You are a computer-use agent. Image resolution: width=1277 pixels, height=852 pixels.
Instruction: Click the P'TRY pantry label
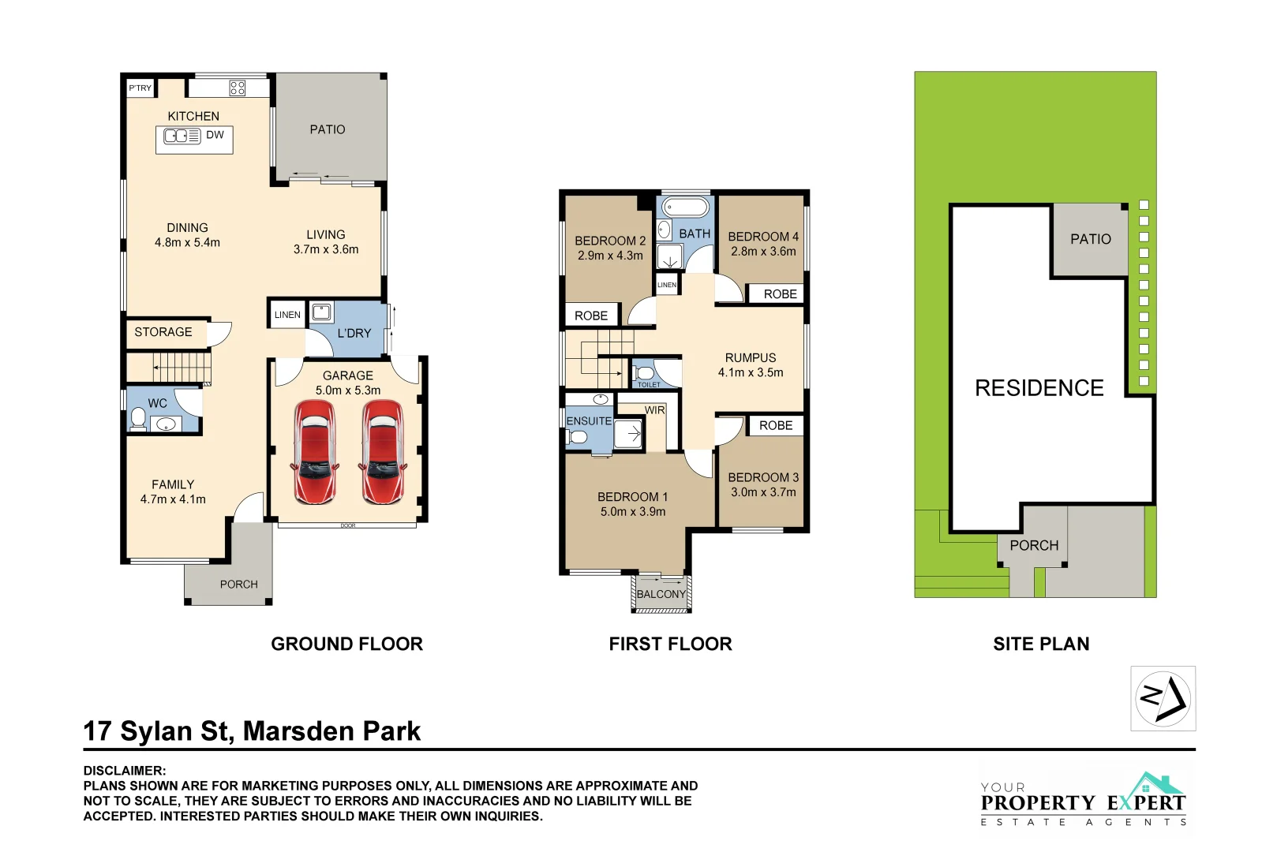click(x=140, y=88)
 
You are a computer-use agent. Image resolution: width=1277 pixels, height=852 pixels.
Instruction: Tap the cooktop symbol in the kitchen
click(x=237, y=88)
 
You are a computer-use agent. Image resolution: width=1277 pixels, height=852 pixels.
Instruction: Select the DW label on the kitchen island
click(x=215, y=135)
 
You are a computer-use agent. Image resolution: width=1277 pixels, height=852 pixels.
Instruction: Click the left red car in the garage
click(x=315, y=452)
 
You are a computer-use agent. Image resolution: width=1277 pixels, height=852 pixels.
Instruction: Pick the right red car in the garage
click(x=383, y=452)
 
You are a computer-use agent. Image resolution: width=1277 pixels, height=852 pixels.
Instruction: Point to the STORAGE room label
click(x=163, y=331)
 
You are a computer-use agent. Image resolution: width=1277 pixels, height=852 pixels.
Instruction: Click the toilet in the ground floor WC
click(x=138, y=418)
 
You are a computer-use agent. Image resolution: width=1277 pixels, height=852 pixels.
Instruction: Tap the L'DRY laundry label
click(x=354, y=334)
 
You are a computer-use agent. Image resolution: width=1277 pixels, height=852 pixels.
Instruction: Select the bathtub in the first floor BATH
click(x=685, y=207)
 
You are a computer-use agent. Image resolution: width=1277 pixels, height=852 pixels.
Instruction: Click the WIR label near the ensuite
click(x=654, y=409)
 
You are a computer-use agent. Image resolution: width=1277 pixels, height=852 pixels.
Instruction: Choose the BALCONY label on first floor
click(x=661, y=594)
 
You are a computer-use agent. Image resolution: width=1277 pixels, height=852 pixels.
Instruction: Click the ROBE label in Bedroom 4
click(x=781, y=294)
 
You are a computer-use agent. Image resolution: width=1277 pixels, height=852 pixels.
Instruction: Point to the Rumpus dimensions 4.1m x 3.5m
click(x=751, y=372)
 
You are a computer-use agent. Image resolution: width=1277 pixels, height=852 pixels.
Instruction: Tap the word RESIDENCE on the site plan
click(x=1039, y=388)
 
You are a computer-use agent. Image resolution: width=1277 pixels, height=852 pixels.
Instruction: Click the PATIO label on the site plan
click(x=1091, y=239)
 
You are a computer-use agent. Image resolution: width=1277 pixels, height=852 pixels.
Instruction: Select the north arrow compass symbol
click(x=1163, y=699)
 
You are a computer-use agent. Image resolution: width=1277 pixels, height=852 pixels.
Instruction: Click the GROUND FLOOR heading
click(x=346, y=644)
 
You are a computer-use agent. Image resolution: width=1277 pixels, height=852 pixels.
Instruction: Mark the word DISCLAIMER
click(x=124, y=771)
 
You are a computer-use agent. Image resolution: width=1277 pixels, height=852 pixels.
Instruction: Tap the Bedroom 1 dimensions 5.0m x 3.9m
click(x=633, y=512)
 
